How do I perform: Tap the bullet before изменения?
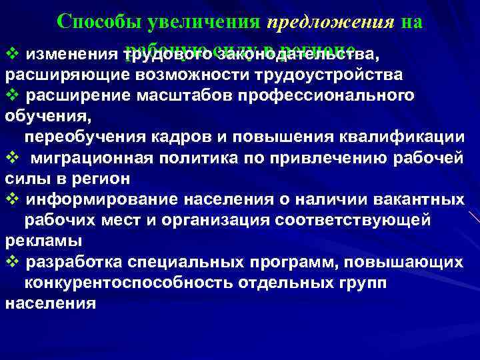click(x=10, y=53)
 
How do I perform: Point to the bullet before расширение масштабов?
click(x=10, y=95)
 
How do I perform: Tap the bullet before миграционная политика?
click(x=10, y=158)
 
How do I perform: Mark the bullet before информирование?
click(x=10, y=199)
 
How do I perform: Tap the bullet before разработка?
click(x=10, y=261)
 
